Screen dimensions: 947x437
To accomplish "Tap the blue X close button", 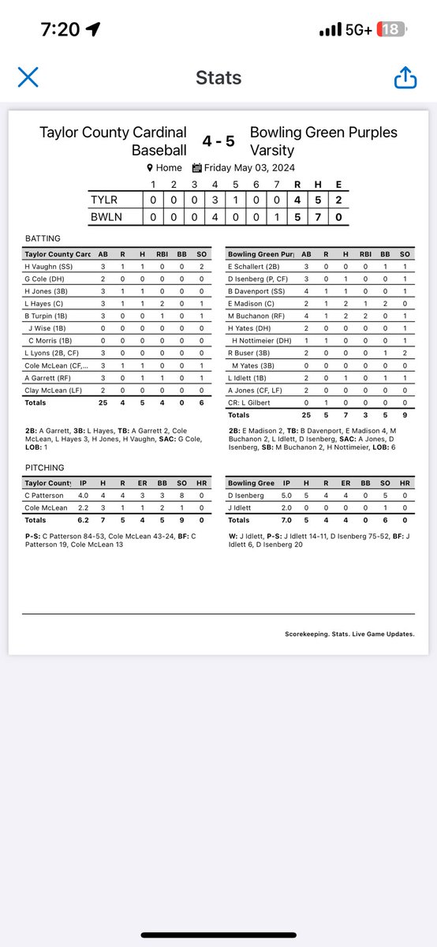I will (x=28, y=77).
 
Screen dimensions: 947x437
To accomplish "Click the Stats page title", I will (x=218, y=77).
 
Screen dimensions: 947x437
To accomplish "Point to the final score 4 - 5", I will (x=218, y=140).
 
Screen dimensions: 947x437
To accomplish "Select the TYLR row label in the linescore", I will (x=105, y=200).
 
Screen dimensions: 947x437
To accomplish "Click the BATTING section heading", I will (x=43, y=238).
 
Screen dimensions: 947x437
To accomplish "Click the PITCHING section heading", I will (x=46, y=468).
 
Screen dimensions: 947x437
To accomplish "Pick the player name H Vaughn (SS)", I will (x=49, y=268).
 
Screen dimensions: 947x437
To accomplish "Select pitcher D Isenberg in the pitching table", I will (x=248, y=495).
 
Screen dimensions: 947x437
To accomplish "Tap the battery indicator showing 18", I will (x=391, y=30).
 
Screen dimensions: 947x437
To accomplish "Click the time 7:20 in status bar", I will (x=59, y=30).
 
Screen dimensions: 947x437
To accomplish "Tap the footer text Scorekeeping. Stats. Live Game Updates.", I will (x=349, y=634).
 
